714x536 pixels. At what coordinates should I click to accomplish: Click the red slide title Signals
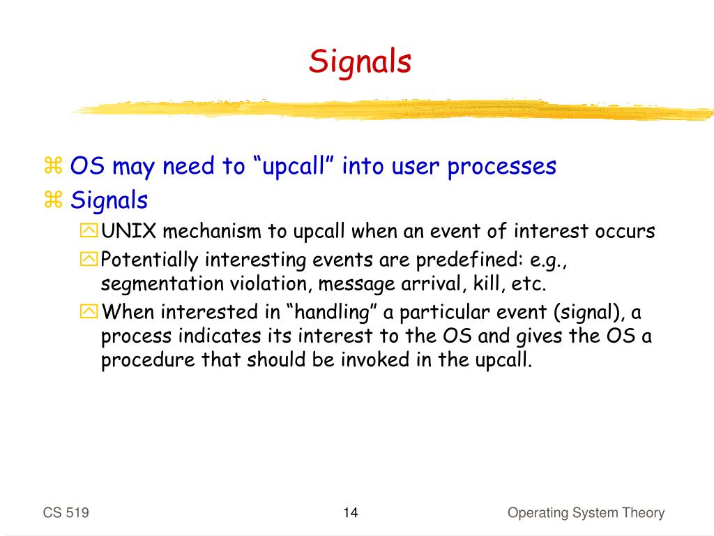click(x=360, y=62)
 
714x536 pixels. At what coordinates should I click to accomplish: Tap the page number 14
click(x=351, y=513)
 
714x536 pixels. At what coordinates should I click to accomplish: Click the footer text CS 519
click(x=66, y=513)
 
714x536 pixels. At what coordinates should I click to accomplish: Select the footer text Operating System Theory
click(x=586, y=513)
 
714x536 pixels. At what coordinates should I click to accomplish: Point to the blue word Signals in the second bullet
click(x=109, y=200)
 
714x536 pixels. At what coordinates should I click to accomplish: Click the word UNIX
click(x=129, y=231)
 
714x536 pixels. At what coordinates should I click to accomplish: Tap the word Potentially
click(x=150, y=260)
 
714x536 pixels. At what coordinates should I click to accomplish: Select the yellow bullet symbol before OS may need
click(x=53, y=165)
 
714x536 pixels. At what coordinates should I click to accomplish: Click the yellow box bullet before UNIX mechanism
click(x=89, y=230)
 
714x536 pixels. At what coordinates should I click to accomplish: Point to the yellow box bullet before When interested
click(x=89, y=312)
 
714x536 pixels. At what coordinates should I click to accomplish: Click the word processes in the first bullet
click(x=502, y=167)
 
